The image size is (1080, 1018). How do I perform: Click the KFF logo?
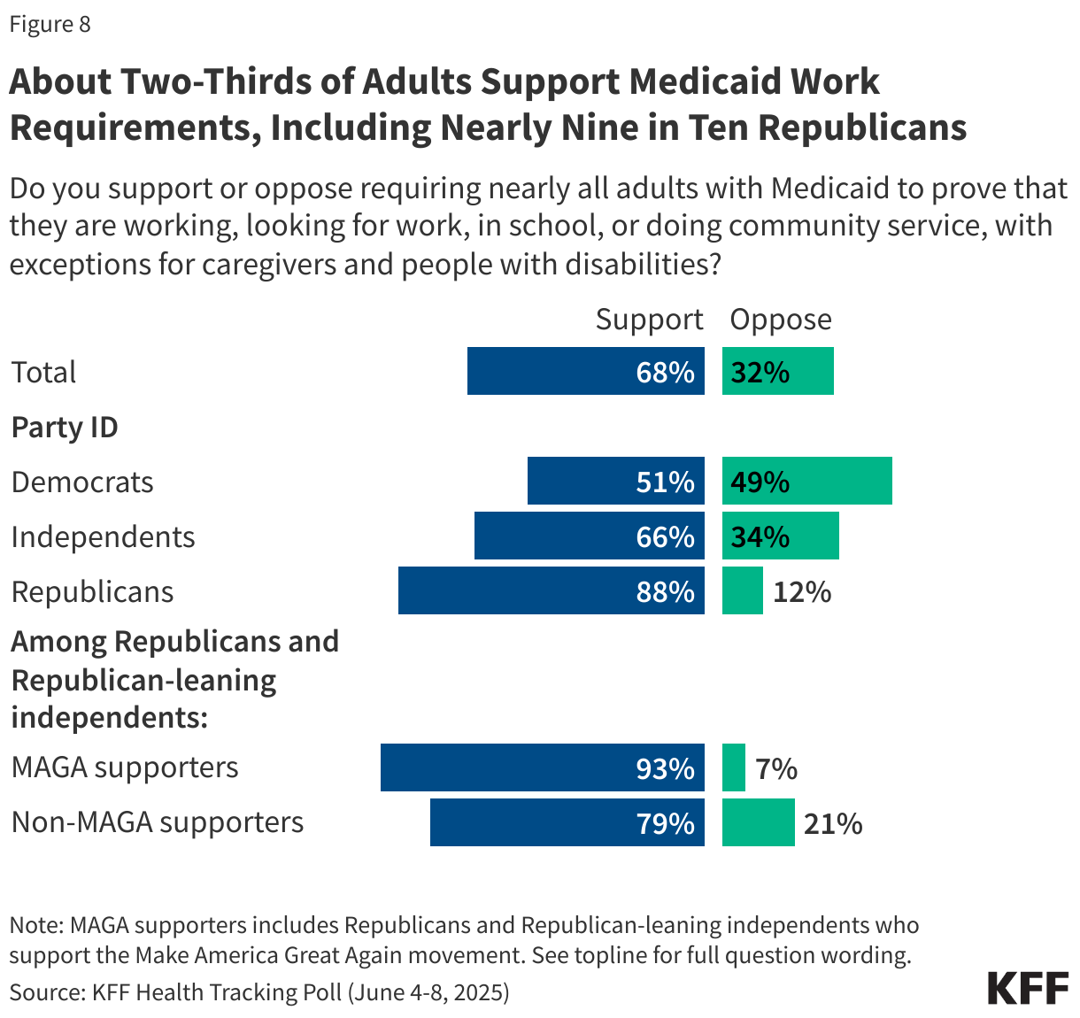pos(1028,988)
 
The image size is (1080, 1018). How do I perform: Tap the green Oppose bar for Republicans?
pos(742,590)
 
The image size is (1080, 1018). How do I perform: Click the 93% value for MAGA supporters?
pos(665,768)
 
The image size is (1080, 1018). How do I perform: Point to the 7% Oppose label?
pos(776,768)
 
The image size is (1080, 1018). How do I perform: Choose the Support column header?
pos(649,319)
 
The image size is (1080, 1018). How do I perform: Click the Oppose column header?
pos(780,319)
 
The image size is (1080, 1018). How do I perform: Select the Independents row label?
pos(103,536)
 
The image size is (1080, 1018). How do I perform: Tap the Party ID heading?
pos(65,427)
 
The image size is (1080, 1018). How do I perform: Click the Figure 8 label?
pos(50,24)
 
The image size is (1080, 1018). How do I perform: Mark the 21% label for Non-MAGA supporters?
pos(832,823)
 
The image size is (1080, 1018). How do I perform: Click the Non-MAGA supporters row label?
pos(158,821)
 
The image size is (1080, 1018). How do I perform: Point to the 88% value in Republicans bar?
pos(665,591)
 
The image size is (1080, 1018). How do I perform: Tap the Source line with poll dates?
pos(259,991)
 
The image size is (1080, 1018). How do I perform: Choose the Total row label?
pos(43,372)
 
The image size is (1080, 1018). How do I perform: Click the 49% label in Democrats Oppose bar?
pos(760,482)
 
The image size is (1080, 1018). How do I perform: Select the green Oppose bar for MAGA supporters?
pos(734,767)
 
